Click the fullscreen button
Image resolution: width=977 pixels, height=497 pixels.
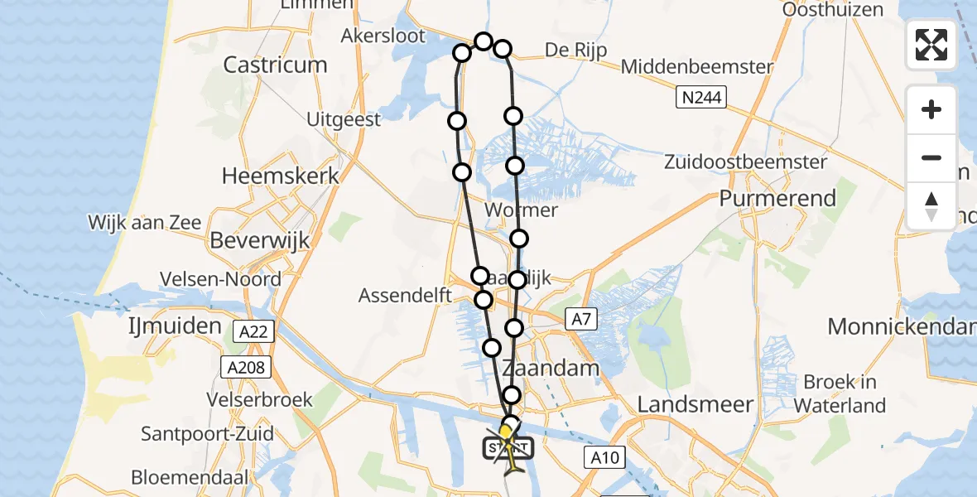pos(931,45)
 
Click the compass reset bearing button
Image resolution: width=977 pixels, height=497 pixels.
pos(931,206)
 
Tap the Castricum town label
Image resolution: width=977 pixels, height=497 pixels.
pos(275,65)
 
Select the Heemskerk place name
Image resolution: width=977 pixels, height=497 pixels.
pos(281,176)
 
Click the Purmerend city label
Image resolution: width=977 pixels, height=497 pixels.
pos(777,199)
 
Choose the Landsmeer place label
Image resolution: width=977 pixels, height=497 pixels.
pos(695,405)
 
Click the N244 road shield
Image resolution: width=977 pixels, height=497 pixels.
pos(700,99)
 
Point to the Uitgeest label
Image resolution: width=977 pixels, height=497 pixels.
pos(344,119)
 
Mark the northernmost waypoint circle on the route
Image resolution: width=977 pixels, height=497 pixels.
pos(484,41)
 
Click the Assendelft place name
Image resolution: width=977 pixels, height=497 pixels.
pos(405,296)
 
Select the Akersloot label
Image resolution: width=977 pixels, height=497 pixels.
pos(383,36)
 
